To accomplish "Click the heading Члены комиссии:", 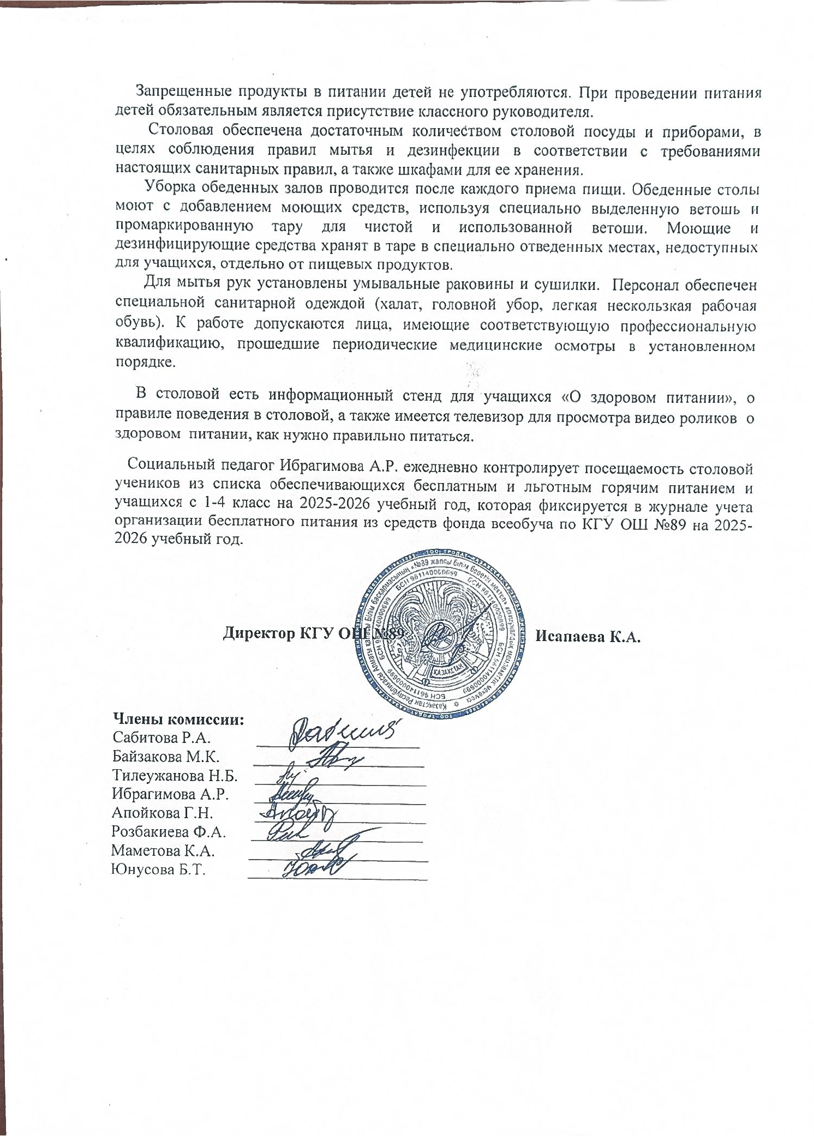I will tap(178, 720).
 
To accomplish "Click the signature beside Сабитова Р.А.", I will tap(344, 734).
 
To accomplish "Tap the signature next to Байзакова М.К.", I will tap(334, 757).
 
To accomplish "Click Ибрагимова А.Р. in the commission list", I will tap(170, 794).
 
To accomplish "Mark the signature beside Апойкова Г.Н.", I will tap(297, 813).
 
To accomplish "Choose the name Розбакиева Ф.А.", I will tap(169, 831).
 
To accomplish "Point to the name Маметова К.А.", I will tap(163, 850).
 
